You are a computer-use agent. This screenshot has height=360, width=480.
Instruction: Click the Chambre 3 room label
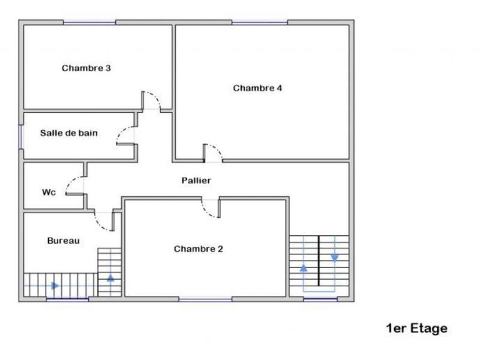[86, 68]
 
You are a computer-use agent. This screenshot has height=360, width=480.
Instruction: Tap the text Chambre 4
[257, 88]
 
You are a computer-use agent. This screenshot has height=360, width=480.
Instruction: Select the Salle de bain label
[68, 133]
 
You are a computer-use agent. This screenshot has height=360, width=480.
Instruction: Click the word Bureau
[63, 240]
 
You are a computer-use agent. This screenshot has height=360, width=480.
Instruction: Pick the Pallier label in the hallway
[196, 180]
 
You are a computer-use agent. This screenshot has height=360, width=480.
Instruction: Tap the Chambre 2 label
[198, 248]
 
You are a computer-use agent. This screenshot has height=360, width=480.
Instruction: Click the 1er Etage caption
[416, 328]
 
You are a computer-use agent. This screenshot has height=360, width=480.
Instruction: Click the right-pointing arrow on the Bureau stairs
[55, 286]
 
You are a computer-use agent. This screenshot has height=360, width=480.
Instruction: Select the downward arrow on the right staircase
[334, 257]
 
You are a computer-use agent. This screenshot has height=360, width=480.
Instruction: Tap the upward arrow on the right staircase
[304, 268]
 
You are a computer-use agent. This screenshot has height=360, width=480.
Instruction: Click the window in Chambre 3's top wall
[89, 22]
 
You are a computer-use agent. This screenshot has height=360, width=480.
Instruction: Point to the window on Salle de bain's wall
[21, 136]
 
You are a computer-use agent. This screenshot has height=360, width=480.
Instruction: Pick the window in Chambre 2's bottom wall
[205, 299]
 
